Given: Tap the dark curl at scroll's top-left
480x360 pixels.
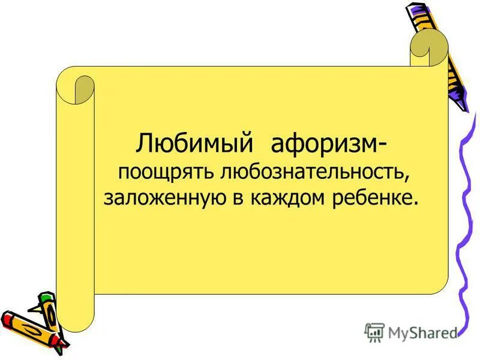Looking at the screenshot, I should tap(85, 90).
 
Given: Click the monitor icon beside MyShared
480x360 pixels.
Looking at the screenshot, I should tap(374, 332).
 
